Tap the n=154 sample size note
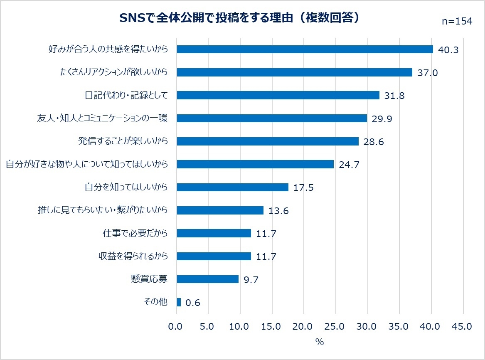pos(457,22)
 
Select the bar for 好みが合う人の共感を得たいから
pos(305,49)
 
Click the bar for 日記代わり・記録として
pos(278,95)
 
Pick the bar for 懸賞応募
pos(208,279)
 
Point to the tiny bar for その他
pos(179,302)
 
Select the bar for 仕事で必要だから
pos(214,233)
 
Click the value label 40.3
pos(448,50)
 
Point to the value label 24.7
pos(349,165)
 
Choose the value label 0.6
pos(193,303)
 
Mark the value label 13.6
pos(278,211)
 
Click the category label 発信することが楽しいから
pos(123,141)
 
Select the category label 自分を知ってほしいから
pos(126,187)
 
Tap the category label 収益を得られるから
pos(133,256)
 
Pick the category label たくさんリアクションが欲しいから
pos(113,72)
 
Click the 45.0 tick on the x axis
pos(461,327)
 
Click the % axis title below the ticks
pos(319,343)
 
